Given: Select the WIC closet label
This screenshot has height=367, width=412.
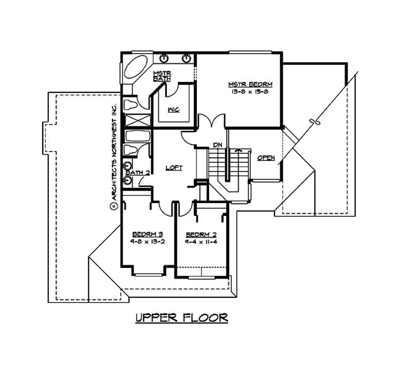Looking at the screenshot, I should (x=174, y=109).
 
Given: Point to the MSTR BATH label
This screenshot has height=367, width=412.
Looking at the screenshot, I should (x=162, y=76).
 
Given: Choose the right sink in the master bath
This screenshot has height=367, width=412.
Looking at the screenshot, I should (x=186, y=57).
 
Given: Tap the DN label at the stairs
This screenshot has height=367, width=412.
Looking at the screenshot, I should (x=217, y=145).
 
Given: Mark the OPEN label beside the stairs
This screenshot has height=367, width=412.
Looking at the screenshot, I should (x=266, y=158).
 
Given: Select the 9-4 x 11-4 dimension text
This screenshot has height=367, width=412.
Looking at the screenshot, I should (x=200, y=241).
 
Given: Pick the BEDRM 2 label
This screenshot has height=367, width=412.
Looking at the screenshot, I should (x=200, y=233).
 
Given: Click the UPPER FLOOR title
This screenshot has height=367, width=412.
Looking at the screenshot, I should (x=181, y=318).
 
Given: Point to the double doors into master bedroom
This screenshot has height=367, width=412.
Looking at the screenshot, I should (x=211, y=122).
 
